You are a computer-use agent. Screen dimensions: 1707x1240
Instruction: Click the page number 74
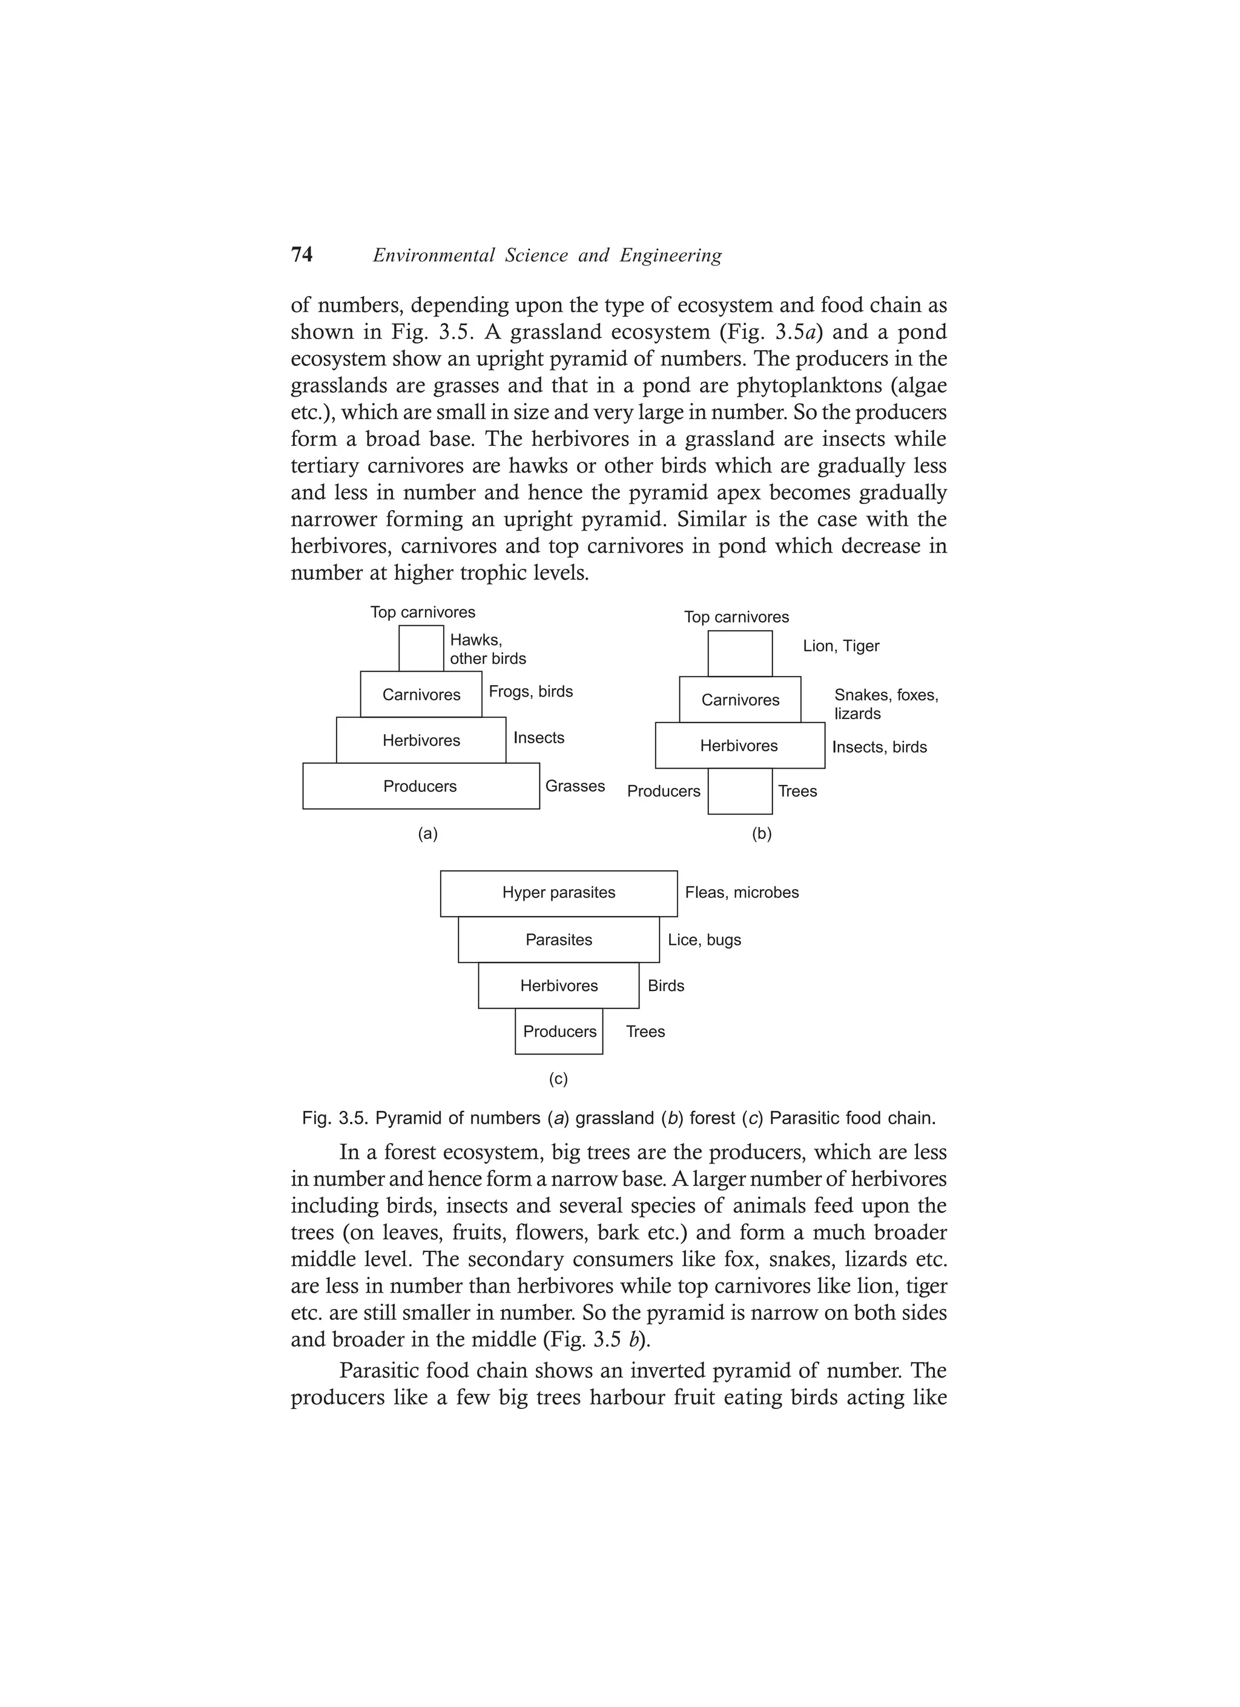302,255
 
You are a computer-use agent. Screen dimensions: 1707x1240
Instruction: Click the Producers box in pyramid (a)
421,786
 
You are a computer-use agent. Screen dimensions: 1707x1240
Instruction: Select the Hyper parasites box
558,893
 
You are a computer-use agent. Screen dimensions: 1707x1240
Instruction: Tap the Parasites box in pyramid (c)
558,940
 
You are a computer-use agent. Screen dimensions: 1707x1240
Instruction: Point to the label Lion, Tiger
840,646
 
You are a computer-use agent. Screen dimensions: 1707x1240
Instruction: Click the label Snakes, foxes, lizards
886,704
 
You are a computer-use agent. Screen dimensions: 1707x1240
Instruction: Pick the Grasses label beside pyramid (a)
575,786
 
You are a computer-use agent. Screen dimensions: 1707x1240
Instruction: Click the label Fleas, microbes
741,893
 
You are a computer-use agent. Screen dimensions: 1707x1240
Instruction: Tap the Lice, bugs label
704,940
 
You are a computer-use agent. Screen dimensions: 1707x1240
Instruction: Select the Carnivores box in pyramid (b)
740,700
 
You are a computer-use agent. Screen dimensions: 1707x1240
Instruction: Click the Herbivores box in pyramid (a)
421,741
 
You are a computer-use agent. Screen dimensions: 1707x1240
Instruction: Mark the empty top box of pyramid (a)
421,648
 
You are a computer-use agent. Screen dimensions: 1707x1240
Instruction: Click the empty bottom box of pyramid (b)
740,791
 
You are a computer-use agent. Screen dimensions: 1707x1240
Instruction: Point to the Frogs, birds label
530,692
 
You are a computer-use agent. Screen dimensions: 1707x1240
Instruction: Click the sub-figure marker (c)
558,1079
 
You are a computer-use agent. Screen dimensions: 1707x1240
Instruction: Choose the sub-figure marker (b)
762,834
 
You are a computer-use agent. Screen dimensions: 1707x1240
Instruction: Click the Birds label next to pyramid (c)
666,986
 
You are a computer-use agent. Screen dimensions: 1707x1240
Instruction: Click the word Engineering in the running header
670,256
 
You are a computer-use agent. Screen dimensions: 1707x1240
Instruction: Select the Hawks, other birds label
487,649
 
